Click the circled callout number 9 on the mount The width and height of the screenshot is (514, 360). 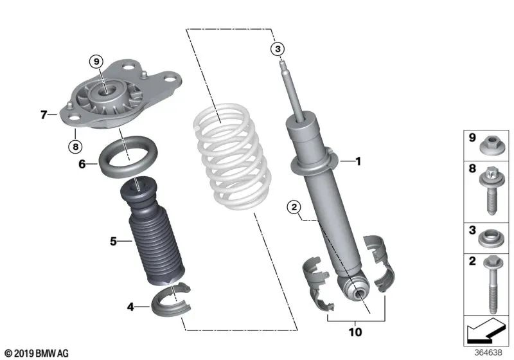pyautogui.click(x=96, y=62)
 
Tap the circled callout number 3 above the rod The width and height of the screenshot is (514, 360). pyautogui.click(x=277, y=49)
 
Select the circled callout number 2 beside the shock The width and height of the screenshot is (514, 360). pyautogui.click(x=294, y=206)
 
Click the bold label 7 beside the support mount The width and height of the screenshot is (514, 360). pyautogui.click(x=44, y=115)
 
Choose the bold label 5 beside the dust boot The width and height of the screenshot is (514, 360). pyautogui.click(x=112, y=242)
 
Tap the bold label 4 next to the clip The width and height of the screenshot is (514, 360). pyautogui.click(x=130, y=307)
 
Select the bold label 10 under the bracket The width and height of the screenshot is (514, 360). pyautogui.click(x=355, y=332)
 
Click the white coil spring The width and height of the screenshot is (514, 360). pyautogui.click(x=231, y=157)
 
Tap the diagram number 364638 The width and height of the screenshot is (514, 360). pyautogui.click(x=489, y=352)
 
